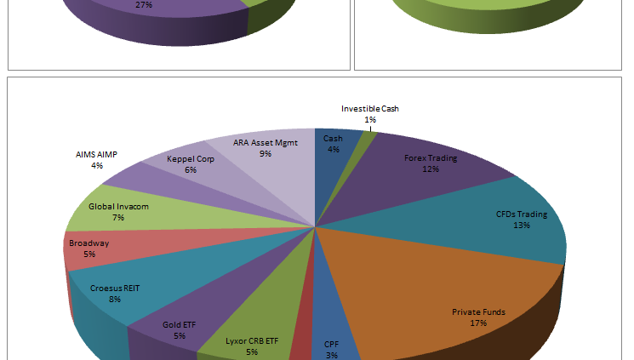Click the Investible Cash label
370,109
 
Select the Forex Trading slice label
430,157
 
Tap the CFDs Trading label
522,214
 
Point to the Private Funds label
478,311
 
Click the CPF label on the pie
331,345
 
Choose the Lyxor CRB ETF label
252,340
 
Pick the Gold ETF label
180,324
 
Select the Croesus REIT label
115,288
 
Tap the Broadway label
89,243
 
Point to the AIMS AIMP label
97,155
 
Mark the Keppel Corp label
191,158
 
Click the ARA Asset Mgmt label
266,143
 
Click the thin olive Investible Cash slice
368,145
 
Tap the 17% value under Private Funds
478,323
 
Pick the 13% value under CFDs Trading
522,226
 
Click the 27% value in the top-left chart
146,4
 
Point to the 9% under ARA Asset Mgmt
266,154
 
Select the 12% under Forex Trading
430,169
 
